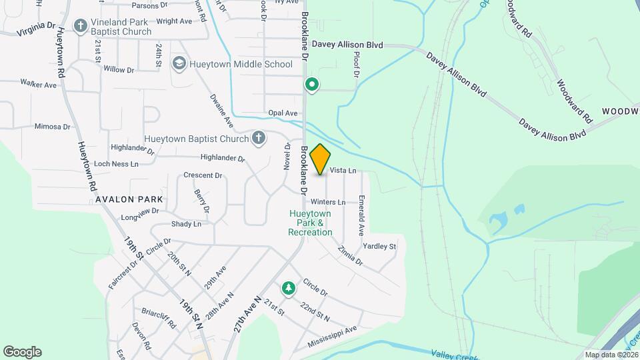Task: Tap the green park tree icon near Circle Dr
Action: tap(288, 288)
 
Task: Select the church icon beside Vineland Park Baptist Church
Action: tap(80, 26)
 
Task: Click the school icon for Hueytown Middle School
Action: tap(178, 64)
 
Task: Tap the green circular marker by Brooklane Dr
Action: tap(311, 85)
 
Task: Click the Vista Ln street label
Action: tap(343, 171)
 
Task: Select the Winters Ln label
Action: tap(327, 201)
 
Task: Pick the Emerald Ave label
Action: tap(361, 215)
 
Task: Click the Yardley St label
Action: tap(379, 246)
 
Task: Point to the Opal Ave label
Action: tap(282, 113)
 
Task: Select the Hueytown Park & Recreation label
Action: tap(310, 223)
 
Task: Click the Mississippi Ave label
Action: tap(333, 336)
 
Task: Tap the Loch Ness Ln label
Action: tap(116, 164)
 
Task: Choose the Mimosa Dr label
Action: tap(52, 126)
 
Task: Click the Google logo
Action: tap(22, 352)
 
